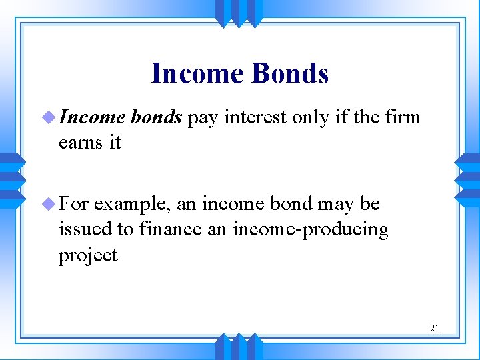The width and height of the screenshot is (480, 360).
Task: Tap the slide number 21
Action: point(435,327)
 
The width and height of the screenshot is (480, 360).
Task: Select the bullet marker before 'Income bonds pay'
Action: point(49,118)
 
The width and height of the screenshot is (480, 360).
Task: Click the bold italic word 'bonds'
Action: point(157,117)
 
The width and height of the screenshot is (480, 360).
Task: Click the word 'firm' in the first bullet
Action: point(404,117)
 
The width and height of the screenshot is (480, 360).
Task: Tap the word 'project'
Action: point(88,256)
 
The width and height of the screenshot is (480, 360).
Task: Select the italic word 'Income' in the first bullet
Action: point(92,117)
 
